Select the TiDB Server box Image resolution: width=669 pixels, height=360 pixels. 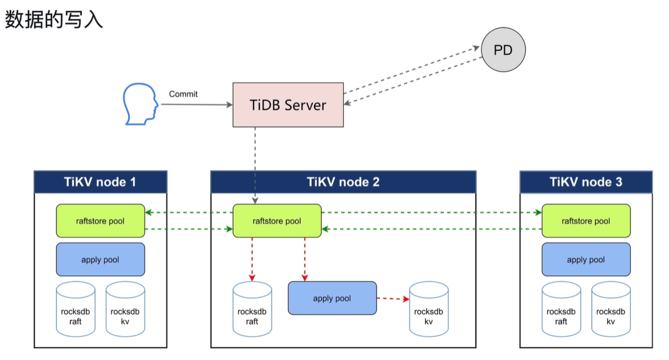coord(288,105)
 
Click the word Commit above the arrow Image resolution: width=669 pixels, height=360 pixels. coord(183,94)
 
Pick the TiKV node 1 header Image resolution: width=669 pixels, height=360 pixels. coord(100,182)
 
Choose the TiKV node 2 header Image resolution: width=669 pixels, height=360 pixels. coord(343,182)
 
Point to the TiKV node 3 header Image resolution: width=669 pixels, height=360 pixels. coord(586,182)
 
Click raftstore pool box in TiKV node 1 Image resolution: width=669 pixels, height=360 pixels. coord(100,221)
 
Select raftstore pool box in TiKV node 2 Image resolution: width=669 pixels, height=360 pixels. coord(277,221)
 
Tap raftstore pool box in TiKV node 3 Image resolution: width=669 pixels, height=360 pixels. coord(586,221)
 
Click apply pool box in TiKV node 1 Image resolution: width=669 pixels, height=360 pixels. coord(100,259)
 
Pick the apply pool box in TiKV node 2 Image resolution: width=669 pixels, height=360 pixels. coord(332,298)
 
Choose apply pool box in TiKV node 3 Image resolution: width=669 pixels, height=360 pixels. coord(586,259)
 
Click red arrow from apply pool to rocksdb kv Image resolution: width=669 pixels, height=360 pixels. coord(393,298)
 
